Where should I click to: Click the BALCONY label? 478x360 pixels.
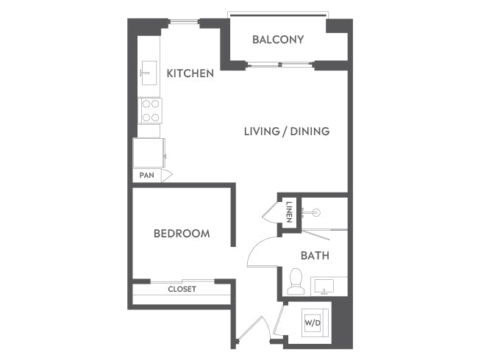[x=278, y=40]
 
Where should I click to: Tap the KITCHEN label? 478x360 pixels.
[x=190, y=73]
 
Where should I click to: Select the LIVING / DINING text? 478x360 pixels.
[x=287, y=132]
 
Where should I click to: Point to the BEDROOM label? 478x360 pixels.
[x=182, y=234]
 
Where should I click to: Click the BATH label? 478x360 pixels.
[x=315, y=256]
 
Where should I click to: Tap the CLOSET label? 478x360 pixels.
[x=182, y=289]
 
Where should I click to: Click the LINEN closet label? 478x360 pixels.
[x=290, y=212]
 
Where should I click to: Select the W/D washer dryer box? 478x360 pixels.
[x=313, y=321]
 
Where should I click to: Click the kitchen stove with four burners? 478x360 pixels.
[x=151, y=111]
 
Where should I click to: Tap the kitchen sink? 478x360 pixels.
[x=147, y=72]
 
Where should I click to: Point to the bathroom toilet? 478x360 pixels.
[x=296, y=281]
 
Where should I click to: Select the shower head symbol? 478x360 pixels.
[x=316, y=212]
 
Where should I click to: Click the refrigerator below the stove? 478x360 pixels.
[x=149, y=153]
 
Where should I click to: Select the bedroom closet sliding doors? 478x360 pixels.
[x=182, y=281]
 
